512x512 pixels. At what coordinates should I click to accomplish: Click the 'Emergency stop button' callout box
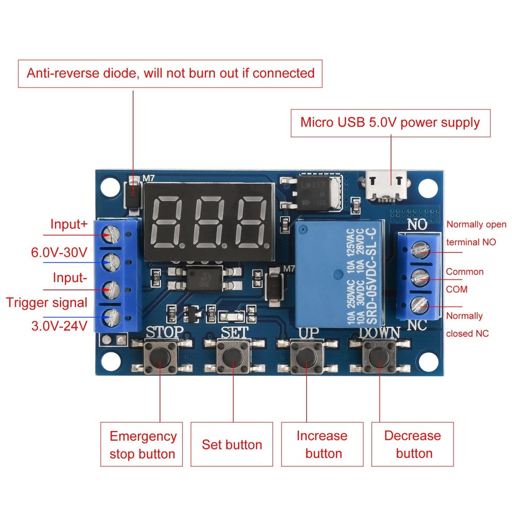point(142,444)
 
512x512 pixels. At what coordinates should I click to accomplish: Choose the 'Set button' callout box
point(231,444)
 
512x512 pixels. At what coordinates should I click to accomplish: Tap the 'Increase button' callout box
point(322,444)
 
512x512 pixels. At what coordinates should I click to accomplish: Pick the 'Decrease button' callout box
point(413,444)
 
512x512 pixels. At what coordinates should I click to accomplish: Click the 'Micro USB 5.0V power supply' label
point(390,123)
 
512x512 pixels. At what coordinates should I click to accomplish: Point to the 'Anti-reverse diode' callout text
point(170,73)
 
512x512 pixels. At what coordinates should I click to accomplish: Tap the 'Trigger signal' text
point(47,302)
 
